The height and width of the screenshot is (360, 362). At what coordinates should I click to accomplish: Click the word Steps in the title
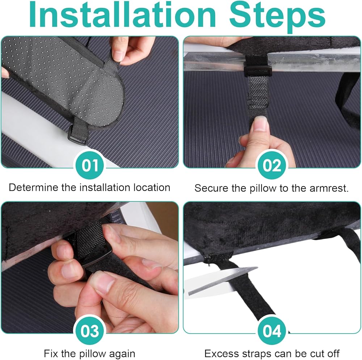pos(277,17)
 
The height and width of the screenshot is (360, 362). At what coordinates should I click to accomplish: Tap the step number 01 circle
pos(90,166)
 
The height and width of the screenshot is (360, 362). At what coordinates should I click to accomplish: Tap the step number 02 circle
pos(272,166)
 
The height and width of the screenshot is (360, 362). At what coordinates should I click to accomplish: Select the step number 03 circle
pos(90,331)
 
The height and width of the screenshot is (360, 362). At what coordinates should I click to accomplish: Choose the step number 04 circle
pos(272,331)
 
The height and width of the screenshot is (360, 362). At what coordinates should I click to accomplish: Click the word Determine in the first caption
pos(34,188)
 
